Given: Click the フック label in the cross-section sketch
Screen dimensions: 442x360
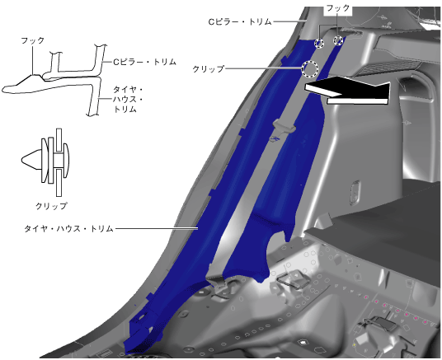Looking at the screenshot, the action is pos(33,40).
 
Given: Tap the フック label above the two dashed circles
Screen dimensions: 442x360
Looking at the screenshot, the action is pos(338,8).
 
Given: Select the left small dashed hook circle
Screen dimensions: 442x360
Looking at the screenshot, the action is pos(319,43).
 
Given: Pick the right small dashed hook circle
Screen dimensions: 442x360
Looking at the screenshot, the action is pos(338,40).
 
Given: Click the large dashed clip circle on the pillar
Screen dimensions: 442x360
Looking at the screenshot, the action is pos(310,68).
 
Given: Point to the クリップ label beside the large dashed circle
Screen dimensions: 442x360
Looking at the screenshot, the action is pos(209,68).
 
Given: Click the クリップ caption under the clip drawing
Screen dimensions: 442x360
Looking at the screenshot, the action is pos(51,206).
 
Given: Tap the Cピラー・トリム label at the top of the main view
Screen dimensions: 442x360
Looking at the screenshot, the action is pos(240,21).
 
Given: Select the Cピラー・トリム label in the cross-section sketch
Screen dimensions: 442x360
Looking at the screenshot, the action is pos(144,62).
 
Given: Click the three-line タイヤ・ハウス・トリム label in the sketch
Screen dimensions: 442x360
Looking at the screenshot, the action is pos(129,99).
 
